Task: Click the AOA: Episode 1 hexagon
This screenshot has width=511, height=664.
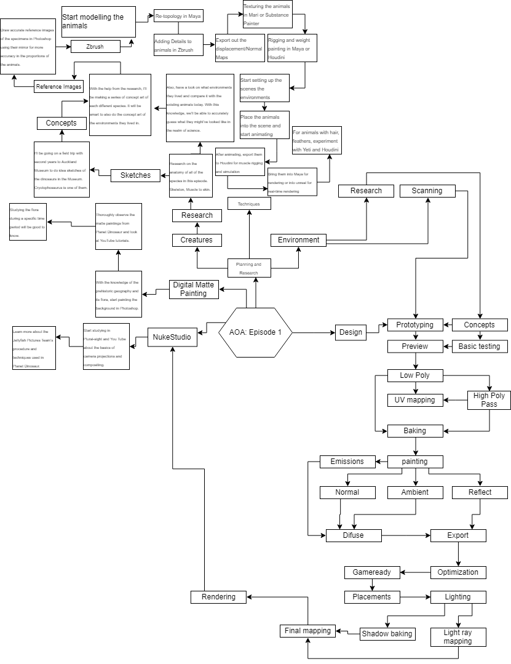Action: tap(255, 332)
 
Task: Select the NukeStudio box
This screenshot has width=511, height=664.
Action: tap(172, 337)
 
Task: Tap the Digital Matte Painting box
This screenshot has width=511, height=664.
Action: tap(194, 289)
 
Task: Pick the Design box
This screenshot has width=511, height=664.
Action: tap(351, 332)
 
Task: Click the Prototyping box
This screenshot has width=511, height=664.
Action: tap(414, 325)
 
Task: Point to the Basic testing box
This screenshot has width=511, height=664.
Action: tap(480, 346)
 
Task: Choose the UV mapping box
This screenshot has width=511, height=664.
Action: tap(414, 400)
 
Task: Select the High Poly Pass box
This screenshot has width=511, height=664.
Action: tap(489, 400)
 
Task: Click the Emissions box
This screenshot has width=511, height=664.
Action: tap(347, 462)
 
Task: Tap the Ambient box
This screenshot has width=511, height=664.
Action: tap(414, 492)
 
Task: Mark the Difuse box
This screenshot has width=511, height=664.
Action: tap(353, 535)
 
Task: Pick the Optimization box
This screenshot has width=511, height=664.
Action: tap(458, 572)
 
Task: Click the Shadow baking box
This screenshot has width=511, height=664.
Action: tap(387, 634)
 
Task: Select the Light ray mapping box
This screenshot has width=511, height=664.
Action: tap(458, 637)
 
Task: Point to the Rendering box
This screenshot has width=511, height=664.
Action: tap(218, 597)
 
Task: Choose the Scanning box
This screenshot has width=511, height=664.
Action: tap(427, 191)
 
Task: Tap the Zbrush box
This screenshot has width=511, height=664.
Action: tap(95, 46)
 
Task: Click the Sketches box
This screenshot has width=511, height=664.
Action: tap(135, 175)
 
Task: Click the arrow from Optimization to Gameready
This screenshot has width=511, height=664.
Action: tap(415, 572)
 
